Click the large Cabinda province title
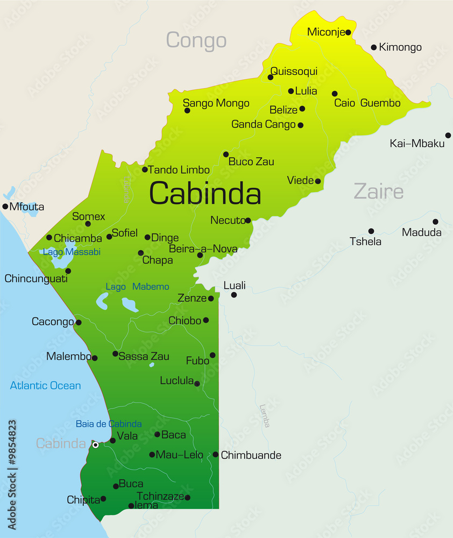pos(205,194)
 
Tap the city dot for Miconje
pos(348,32)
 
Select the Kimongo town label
pos(400,47)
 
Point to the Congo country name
pos(196,40)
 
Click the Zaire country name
pos(378,192)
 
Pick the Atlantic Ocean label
pos(46,386)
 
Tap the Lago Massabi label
pos(72,252)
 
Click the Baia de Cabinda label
pos(109,424)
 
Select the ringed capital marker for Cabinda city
pos(95,444)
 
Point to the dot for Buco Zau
pos(226,154)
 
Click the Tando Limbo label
pos(179,170)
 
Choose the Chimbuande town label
pos(251,456)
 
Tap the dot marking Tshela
pos(371,231)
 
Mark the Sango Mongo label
pos(216,103)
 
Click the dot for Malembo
pos(95,358)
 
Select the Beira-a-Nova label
pos(203,249)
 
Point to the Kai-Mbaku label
pos(417,143)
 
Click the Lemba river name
pos(264,416)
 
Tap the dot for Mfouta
pos(5,206)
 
